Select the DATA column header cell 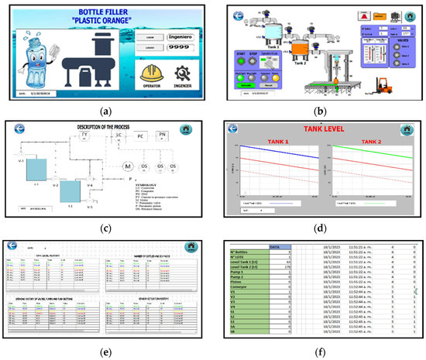(274, 246)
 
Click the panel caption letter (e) (105, 352)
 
